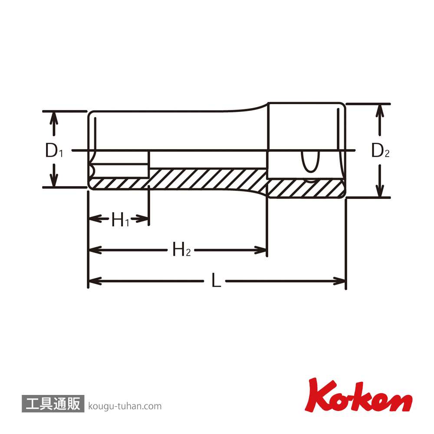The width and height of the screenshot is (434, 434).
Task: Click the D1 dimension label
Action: click(x=54, y=151)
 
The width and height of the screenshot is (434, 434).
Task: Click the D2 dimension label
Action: click(x=380, y=151)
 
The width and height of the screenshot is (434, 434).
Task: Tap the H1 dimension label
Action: click(x=120, y=220)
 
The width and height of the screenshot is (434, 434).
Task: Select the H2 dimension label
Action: click(x=181, y=249)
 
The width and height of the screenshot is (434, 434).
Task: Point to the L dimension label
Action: click(x=216, y=280)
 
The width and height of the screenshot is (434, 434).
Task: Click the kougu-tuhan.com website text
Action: click(x=125, y=406)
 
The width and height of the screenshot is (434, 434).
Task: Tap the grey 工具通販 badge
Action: click(x=53, y=404)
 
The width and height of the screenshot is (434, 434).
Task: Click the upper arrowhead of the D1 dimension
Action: click(x=54, y=117)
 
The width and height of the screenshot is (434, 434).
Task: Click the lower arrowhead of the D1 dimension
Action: click(x=54, y=181)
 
